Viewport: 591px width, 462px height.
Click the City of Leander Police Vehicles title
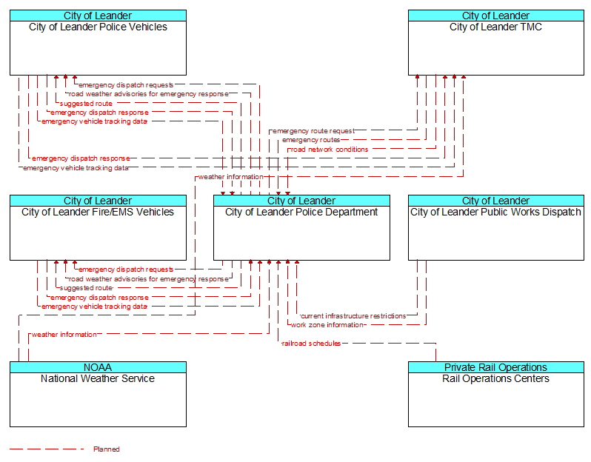pyautogui.click(x=98, y=27)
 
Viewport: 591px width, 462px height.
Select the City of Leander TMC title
pyautogui.click(x=495, y=27)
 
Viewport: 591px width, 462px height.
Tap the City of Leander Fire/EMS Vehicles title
pyautogui.click(x=98, y=212)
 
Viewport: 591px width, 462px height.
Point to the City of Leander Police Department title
pyautogui.click(x=301, y=212)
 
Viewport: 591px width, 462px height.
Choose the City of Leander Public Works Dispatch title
pyautogui.click(x=495, y=212)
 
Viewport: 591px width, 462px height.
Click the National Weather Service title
pyautogui.click(x=98, y=379)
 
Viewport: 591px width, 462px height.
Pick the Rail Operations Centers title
pyautogui.click(x=495, y=379)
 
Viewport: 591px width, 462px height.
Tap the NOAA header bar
pyautogui.click(x=98, y=367)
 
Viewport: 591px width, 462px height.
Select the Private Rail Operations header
pyautogui.click(x=496, y=367)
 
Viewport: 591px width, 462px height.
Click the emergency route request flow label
pyautogui.click(x=313, y=131)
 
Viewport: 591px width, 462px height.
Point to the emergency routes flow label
pyautogui.click(x=311, y=140)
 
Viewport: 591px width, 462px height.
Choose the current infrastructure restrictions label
pyautogui.click(x=353, y=316)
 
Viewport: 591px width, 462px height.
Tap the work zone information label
pyautogui.click(x=327, y=325)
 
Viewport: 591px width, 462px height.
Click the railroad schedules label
pyautogui.click(x=311, y=344)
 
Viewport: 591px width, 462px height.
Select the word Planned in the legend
pyautogui.click(x=107, y=449)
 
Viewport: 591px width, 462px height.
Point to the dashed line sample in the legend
pyautogui.click(x=47, y=449)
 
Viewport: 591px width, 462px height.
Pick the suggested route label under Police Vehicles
pyautogui.click(x=86, y=104)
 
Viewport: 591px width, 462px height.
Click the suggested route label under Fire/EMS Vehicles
pyautogui.click(x=86, y=288)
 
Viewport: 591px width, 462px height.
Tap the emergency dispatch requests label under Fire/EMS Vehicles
pyautogui.click(x=126, y=269)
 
